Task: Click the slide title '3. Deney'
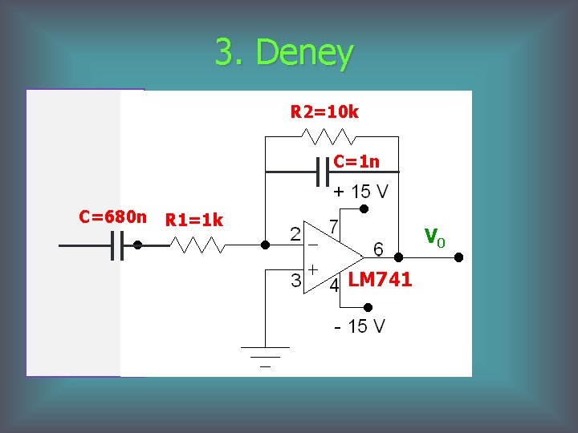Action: click(x=283, y=53)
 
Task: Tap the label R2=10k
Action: click(x=324, y=112)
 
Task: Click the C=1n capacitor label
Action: click(x=356, y=161)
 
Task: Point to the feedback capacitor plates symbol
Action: click(x=324, y=172)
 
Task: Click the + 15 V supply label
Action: click(x=360, y=192)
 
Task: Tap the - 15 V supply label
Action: click(x=360, y=326)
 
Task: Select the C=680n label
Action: click(x=113, y=216)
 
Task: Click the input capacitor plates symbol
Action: click(x=116, y=246)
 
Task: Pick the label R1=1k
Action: click(x=193, y=220)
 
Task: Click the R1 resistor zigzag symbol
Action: click(x=197, y=245)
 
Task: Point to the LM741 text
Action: click(x=380, y=279)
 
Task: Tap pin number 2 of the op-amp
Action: click(x=295, y=234)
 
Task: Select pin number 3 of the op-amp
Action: click(x=295, y=281)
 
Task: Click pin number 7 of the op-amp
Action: click(x=332, y=227)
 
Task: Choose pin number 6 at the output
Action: click(x=377, y=250)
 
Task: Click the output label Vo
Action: click(x=433, y=237)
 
